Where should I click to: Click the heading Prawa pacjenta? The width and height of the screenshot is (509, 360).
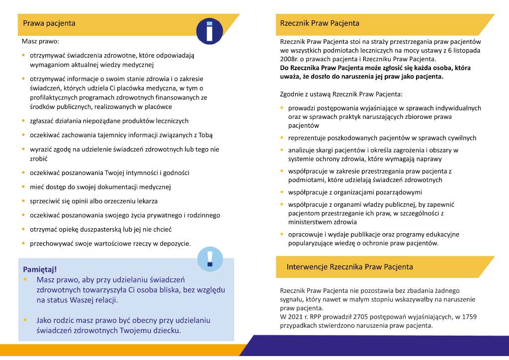coord(49,23)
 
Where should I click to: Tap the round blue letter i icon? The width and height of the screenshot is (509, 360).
coord(209,30)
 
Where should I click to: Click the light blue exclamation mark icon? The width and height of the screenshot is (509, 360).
coord(210,259)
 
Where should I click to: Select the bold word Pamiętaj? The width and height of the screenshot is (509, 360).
coord(40,270)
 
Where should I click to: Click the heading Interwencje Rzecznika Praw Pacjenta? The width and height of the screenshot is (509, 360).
coord(349,267)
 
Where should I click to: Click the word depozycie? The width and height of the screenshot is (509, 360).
coord(176,244)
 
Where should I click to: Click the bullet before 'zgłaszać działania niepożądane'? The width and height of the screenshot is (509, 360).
coord(24,121)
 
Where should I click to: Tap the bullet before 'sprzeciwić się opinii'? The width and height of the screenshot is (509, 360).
coord(24,201)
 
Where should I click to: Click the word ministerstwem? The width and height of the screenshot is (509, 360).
coord(310,222)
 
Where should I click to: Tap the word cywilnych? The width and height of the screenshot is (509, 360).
coord(461,138)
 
